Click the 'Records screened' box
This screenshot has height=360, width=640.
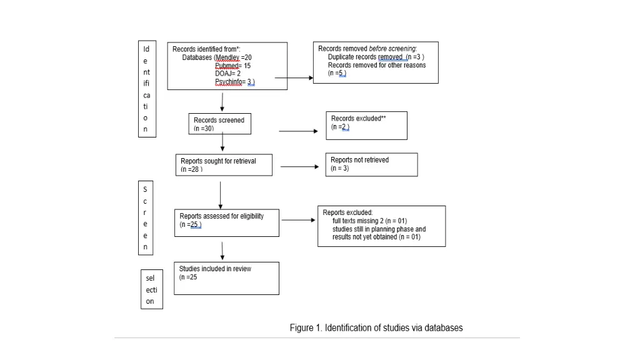coord(219,124)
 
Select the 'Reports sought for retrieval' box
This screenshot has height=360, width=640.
coord(224,165)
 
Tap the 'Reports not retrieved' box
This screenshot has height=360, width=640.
coord(371,164)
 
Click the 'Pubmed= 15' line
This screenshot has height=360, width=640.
coord(232,66)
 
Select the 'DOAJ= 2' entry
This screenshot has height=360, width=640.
coord(227,74)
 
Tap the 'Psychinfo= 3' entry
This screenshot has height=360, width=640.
coord(234,82)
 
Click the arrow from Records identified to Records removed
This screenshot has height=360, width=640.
coord(294,79)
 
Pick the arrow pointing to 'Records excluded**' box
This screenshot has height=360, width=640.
coord(298,131)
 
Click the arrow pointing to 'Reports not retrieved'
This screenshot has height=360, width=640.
coord(299,167)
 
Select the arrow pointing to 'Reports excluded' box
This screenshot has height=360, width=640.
coord(298,220)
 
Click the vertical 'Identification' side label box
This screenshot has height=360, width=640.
coord(146,89)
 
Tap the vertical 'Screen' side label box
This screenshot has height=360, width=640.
coord(145,217)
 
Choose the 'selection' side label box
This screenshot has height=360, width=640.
coord(152,289)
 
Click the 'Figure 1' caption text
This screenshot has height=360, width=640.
coord(376,327)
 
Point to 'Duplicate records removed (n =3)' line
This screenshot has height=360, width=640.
coord(376,57)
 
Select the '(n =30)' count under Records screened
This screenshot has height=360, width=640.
coord(204,128)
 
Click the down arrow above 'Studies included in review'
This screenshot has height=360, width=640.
coord(222,251)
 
